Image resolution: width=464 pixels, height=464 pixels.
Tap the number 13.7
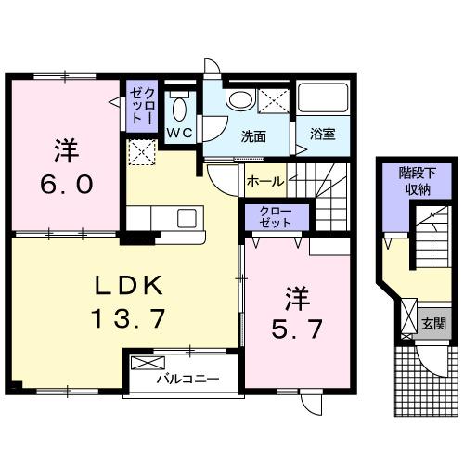pos(127,320)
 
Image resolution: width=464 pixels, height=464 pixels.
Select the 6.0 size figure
pos(65,184)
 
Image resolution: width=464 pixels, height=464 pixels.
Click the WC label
pos(179,134)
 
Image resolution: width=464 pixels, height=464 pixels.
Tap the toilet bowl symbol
pos(179,108)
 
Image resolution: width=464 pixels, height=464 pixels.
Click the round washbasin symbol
pos(239,100)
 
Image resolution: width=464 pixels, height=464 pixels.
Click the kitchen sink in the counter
pos(187,218)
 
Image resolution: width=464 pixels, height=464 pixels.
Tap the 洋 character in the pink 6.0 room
pos(64,149)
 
